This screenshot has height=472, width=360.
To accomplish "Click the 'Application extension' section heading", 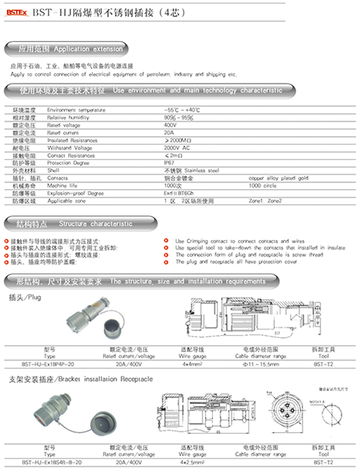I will (x=88, y=49).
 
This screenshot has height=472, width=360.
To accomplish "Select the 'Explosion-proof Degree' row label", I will (x=75, y=193).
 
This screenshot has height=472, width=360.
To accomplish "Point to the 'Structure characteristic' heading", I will (x=96, y=224).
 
